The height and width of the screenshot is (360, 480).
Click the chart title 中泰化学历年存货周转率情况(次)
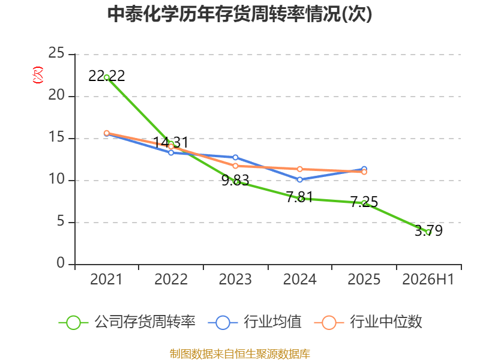tap(239, 14)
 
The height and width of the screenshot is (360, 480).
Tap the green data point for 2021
tap(107, 77)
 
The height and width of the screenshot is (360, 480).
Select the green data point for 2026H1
tap(428, 232)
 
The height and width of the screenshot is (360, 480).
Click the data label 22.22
tap(107, 76)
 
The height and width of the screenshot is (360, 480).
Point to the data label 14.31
tap(171, 142)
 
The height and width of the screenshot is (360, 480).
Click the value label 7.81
tap(299, 197)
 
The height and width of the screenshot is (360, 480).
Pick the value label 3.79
tap(428, 230)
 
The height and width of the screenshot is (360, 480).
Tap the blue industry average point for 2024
tap(299, 179)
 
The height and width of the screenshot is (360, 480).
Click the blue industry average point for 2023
tap(235, 157)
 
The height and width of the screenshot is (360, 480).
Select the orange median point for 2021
tap(107, 133)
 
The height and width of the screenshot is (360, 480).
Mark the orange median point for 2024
tap(299, 169)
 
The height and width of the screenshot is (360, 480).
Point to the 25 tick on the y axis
tap(56, 53)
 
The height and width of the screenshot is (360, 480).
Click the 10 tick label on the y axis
tap(56, 179)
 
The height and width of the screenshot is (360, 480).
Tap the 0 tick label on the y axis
tap(61, 263)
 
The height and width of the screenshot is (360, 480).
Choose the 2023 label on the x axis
tap(235, 280)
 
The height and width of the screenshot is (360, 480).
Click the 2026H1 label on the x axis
tap(428, 280)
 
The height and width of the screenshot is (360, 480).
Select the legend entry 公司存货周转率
tap(127, 322)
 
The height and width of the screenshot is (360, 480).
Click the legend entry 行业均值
tap(254, 322)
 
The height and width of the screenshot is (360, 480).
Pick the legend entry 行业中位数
tap(368, 322)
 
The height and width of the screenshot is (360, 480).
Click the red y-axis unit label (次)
tap(38, 75)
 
